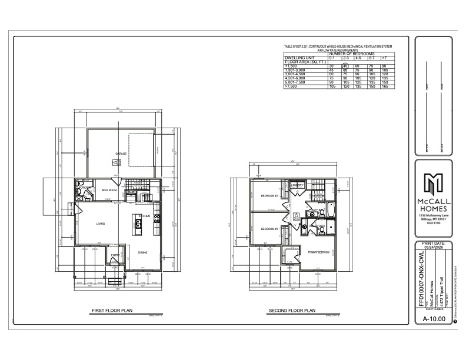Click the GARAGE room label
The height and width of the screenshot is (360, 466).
122,154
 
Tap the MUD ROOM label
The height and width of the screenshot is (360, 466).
109,191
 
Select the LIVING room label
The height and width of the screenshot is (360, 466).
101,224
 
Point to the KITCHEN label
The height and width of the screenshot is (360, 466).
144,216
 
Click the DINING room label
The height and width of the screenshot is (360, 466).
142,252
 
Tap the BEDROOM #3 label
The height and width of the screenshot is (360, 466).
269,228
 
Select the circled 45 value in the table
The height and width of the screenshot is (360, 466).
346,66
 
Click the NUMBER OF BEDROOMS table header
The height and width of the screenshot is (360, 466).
360,54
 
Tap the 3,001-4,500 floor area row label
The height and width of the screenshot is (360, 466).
297,74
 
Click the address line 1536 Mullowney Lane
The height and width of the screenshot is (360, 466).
435,216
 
